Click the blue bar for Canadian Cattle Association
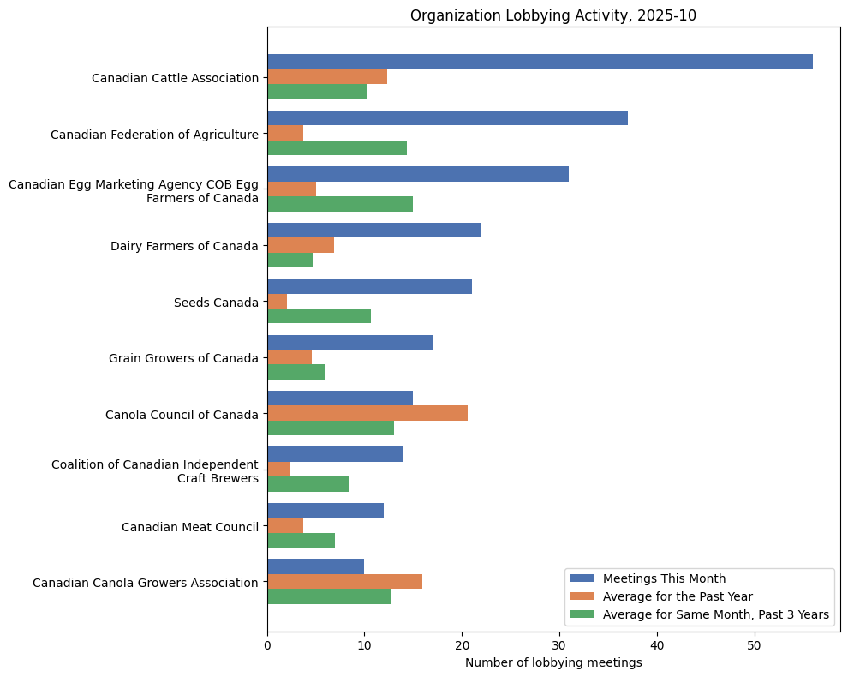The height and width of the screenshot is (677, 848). click(x=540, y=62)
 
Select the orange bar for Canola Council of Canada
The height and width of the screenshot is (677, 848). click(x=367, y=413)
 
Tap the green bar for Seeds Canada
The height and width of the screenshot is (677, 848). click(x=319, y=316)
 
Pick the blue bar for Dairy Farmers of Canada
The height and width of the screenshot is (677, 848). click(x=374, y=230)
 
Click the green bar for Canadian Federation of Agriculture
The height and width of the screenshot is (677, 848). click(x=337, y=147)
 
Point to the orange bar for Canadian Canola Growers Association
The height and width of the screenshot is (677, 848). click(x=344, y=581)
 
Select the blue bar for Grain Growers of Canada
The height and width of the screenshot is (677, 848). click(x=349, y=342)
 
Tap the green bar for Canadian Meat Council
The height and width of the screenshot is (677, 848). click(x=301, y=540)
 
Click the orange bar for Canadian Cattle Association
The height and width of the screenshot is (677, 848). click(x=327, y=77)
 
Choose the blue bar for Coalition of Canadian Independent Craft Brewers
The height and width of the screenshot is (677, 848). click(x=335, y=454)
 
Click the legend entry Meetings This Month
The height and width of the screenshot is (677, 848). click(x=664, y=578)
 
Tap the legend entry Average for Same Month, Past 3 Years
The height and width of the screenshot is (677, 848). click(x=715, y=614)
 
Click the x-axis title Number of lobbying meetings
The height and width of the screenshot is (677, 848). click(x=553, y=662)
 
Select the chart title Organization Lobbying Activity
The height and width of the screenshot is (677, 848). click(x=553, y=15)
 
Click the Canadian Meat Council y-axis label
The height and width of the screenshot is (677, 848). click(x=190, y=526)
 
